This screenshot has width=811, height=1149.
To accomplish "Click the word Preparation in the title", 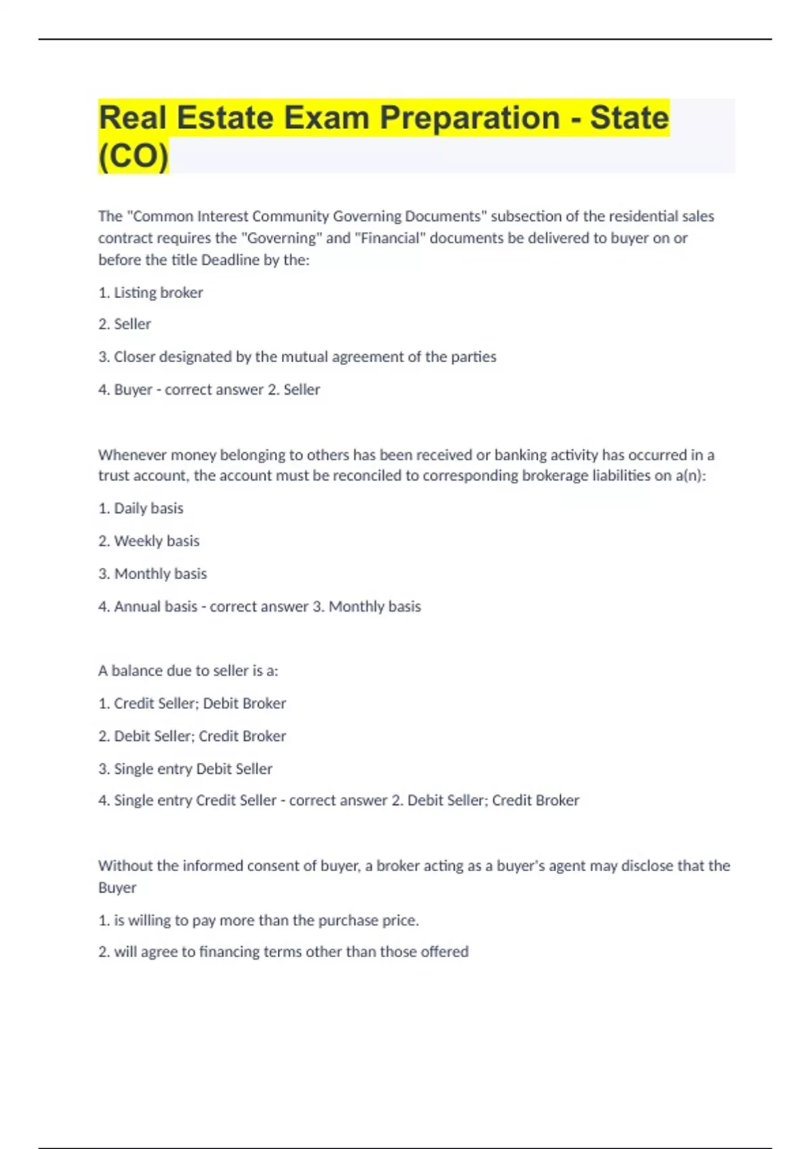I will pos(470,118).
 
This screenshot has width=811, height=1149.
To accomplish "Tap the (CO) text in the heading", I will pos(133,156).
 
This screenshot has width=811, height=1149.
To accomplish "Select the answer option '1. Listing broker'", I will pos(151,293).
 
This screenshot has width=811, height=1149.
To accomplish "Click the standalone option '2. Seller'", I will pos(125,324).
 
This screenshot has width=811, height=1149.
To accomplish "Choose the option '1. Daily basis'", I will pos(141,508).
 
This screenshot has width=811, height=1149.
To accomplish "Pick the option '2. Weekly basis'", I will pos(149,541).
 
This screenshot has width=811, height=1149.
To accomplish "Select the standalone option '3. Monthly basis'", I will pos(153,574).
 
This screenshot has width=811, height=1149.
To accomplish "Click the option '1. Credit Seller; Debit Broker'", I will pos(192,704).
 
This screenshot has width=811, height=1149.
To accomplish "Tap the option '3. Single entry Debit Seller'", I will pos(185,768).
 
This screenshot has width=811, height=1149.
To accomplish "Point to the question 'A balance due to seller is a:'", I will pos(188,670).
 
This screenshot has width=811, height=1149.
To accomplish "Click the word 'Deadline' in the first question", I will pos(230,260).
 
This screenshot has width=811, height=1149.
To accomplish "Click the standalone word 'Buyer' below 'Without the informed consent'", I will pos(117,887).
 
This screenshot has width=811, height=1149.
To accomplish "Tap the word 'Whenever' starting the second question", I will pos(132,455).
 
